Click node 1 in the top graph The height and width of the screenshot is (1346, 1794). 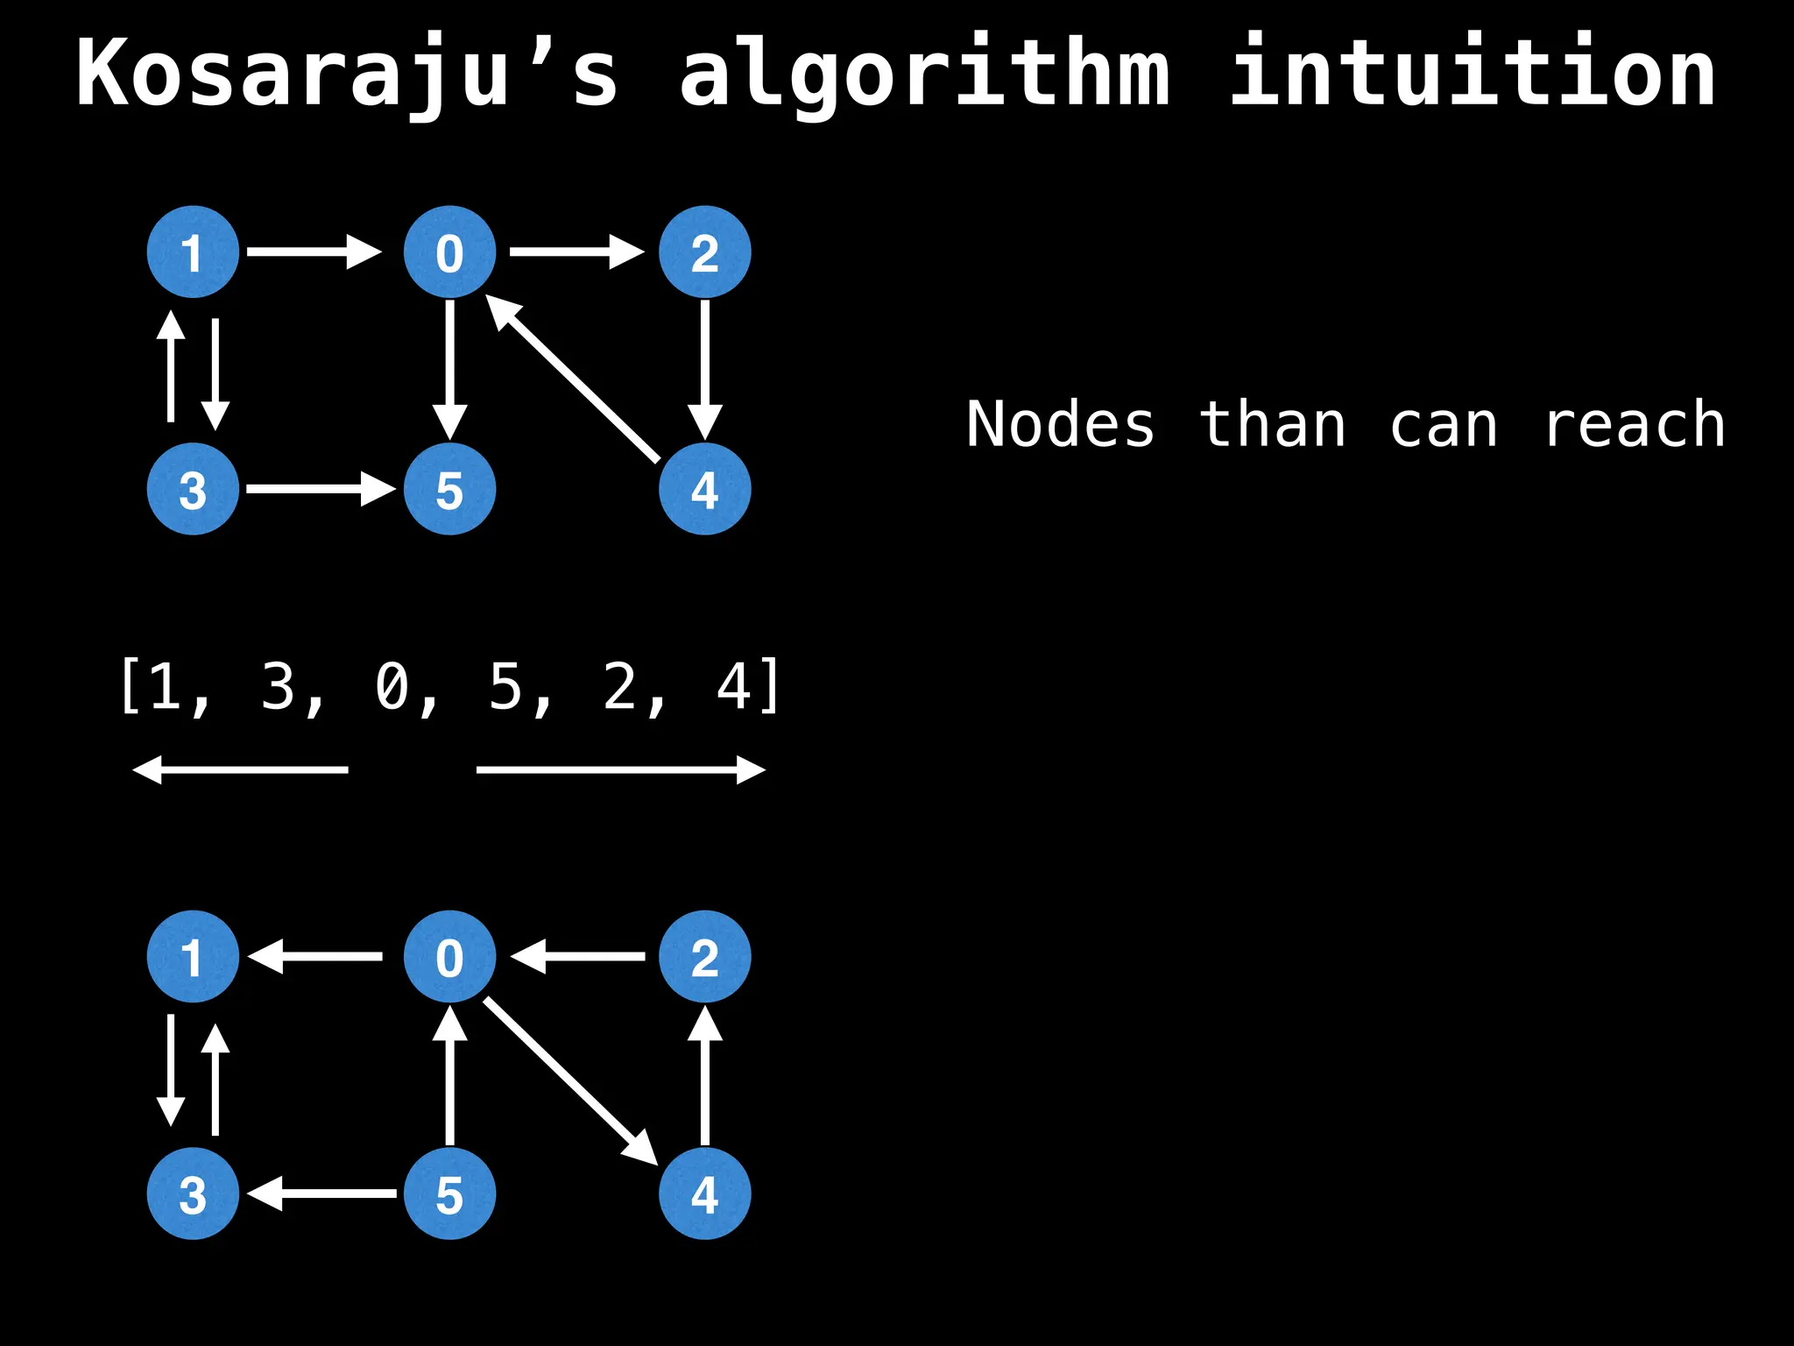click(193, 252)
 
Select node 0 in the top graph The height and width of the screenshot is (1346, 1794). click(449, 252)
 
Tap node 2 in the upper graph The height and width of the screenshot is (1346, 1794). click(705, 252)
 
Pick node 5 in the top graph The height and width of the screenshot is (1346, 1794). click(449, 489)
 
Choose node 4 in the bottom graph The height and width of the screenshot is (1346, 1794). click(705, 1194)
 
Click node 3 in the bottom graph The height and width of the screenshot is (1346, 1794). click(193, 1194)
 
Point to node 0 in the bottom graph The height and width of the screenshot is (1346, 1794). click(449, 957)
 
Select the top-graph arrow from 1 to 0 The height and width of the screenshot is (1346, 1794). click(314, 252)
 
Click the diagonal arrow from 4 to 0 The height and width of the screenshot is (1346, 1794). click(574, 377)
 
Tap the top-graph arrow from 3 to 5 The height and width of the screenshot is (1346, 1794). click(321, 489)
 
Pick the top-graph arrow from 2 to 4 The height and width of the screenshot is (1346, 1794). click(705, 368)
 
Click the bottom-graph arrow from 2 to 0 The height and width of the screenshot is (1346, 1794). click(578, 957)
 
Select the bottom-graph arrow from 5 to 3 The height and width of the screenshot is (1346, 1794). click(322, 1194)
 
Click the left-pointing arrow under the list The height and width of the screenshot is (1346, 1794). click(240, 770)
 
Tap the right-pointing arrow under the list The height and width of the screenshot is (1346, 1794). click(620, 770)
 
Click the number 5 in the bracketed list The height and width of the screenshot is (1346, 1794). click(505, 687)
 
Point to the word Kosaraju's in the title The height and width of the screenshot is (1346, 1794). click(347, 74)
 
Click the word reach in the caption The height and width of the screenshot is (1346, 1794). click(1635, 426)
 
